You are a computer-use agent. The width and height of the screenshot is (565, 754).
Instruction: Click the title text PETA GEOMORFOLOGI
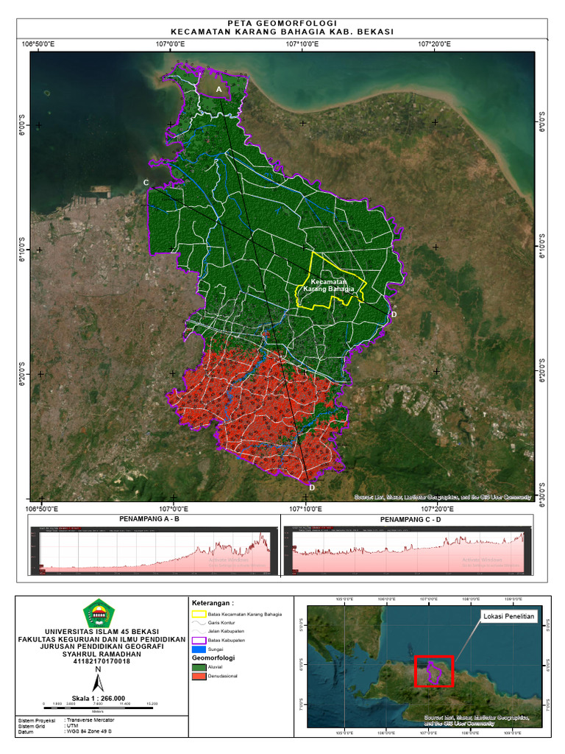(282, 24)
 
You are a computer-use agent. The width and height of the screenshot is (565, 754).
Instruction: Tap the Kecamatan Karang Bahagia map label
(330, 285)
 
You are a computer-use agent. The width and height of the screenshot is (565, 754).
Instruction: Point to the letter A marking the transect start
(218, 89)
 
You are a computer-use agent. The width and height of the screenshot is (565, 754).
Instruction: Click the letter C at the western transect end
(146, 182)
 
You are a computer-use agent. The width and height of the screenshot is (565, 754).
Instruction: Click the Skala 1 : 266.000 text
(98, 698)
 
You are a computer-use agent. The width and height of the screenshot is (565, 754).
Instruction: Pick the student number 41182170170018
(102, 660)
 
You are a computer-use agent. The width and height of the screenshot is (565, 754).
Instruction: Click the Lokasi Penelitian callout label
(508, 616)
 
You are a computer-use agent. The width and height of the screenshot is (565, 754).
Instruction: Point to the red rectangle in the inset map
(434, 671)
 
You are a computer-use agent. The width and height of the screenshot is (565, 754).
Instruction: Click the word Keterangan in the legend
(213, 602)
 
